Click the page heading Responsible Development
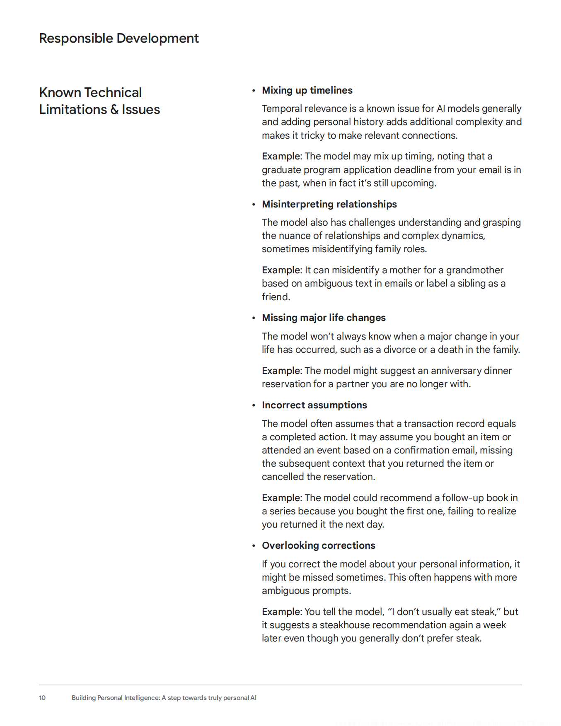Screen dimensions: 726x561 tap(119, 38)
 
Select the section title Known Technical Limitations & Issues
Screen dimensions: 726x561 tap(99, 101)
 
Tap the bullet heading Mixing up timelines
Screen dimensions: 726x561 tap(307, 90)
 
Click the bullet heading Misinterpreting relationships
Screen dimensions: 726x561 tap(329, 204)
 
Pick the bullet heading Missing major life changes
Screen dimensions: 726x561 tap(324, 318)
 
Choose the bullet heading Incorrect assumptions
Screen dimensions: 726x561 tap(314, 405)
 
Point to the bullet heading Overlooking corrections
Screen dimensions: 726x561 tap(318, 545)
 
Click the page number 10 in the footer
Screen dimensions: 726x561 tap(42, 698)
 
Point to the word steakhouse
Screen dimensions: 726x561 tap(344, 625)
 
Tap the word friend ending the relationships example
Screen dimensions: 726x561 tap(275, 297)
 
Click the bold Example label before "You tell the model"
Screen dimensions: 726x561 tap(281, 612)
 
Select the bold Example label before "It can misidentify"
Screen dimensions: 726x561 tap(281, 270)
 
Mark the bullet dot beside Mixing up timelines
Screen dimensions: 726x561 tap(254, 91)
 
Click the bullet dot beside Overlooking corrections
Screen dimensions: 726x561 tap(254, 546)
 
